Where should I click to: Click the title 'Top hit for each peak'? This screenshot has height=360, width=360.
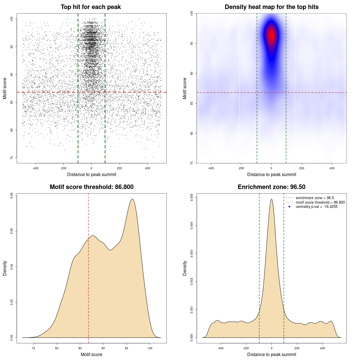click(91, 7)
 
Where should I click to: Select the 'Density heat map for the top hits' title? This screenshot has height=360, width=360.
click(271, 7)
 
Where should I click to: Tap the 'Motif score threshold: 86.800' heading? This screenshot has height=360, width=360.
click(91, 187)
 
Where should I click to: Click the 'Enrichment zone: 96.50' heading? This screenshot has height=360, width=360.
click(271, 187)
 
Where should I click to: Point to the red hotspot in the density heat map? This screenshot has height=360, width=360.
click(271, 35)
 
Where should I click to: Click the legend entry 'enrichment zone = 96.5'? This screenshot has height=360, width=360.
click(315, 198)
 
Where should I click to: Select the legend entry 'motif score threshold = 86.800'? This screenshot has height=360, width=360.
click(320, 202)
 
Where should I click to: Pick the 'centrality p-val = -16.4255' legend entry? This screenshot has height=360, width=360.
click(316, 207)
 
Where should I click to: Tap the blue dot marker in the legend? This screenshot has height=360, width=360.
click(289, 207)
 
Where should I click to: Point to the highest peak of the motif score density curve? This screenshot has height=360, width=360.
click(132, 199)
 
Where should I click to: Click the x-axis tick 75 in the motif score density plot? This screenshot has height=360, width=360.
click(34, 348)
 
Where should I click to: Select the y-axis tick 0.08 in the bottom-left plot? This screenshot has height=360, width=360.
click(12, 196)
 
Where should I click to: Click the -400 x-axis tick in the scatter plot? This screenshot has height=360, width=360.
click(35, 168)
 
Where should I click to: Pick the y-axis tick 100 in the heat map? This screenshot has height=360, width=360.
click(192, 13)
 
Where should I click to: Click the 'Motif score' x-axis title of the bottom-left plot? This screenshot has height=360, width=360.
click(91, 354)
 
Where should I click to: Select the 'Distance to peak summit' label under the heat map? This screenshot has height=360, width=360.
click(271, 174)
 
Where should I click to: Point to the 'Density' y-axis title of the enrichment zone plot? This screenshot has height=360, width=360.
click(185, 268)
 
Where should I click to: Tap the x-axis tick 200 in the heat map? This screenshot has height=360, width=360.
click(302, 168)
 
